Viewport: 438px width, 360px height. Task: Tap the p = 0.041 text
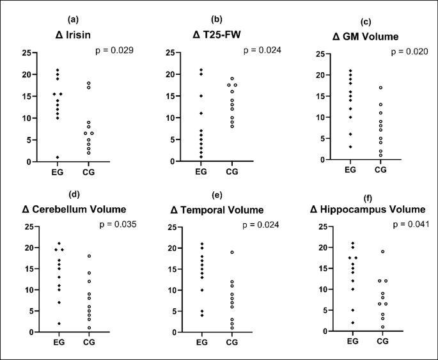[403, 224]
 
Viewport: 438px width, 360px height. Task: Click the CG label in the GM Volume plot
[381, 170]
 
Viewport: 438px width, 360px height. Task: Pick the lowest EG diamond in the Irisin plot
[58, 157]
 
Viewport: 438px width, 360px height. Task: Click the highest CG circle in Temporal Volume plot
[232, 252]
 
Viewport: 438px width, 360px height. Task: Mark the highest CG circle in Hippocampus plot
[382, 251]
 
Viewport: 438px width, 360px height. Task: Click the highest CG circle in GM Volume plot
[380, 88]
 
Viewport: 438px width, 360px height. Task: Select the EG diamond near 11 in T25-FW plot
[201, 113]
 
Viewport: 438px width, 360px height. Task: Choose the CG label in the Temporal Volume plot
[232, 342]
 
